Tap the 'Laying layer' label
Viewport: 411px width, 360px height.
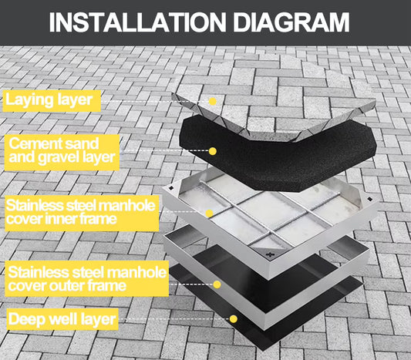(52, 99)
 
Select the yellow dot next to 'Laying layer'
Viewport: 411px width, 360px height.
(213, 101)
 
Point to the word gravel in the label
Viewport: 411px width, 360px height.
(77, 158)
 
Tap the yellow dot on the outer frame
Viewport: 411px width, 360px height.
(217, 284)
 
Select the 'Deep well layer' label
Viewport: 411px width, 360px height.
(62, 318)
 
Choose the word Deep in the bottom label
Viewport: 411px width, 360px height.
(29, 318)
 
